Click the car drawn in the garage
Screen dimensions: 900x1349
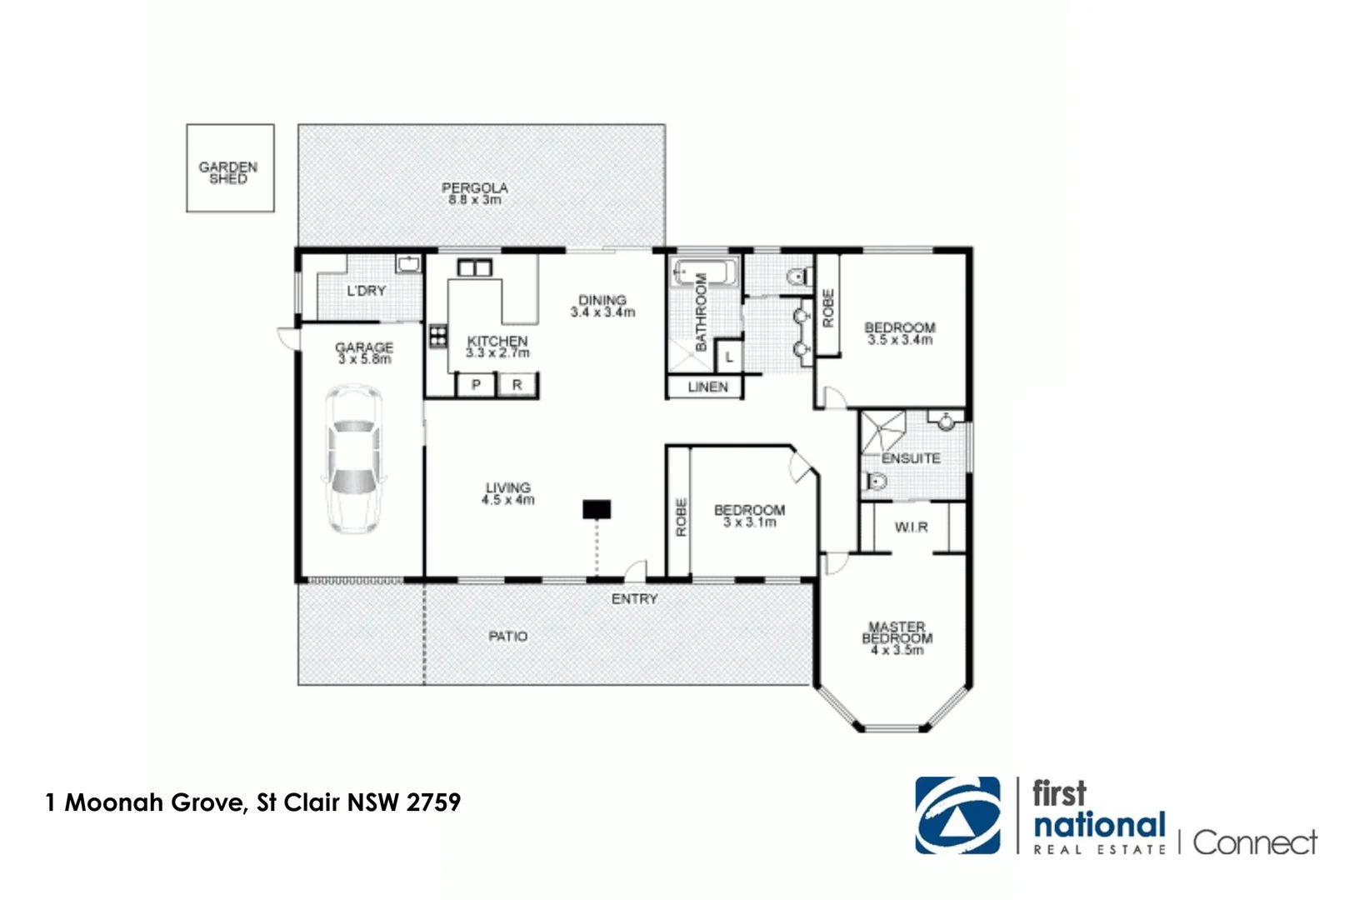coord(354,459)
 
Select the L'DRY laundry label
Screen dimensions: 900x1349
coord(367,291)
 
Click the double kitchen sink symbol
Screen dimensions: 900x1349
coord(475,268)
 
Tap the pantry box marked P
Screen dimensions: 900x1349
coord(476,385)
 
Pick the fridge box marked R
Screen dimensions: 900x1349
coord(517,385)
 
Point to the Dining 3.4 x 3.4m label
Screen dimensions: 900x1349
coord(602,306)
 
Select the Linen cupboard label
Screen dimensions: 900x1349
coord(707,387)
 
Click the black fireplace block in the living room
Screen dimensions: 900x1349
coord(597,508)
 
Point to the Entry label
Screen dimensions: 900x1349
coord(634,599)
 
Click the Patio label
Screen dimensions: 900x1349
coord(507,637)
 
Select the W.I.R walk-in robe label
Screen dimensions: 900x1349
coord(911,527)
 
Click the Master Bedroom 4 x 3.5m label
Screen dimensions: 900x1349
coord(897,638)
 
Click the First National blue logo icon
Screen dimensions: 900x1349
coord(957,816)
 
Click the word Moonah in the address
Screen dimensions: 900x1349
coord(115,802)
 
